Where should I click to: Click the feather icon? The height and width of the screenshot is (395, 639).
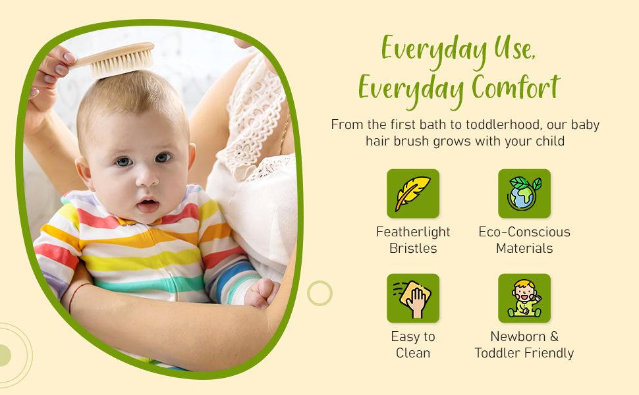click(x=412, y=194)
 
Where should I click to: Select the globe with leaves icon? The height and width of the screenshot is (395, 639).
click(x=524, y=194)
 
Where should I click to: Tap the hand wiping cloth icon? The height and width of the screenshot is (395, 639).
click(x=412, y=298)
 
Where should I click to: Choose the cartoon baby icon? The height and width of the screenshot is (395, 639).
click(x=524, y=298)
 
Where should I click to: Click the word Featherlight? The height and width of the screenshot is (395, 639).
click(x=413, y=232)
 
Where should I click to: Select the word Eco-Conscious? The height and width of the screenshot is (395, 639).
click(x=524, y=232)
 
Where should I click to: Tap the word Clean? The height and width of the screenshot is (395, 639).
click(x=413, y=353)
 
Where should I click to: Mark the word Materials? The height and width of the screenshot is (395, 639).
click(x=524, y=248)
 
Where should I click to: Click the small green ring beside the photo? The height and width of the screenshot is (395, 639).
click(x=319, y=293)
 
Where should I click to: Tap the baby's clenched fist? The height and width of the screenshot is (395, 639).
click(x=262, y=293)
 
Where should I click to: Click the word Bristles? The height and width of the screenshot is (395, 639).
click(x=413, y=248)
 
